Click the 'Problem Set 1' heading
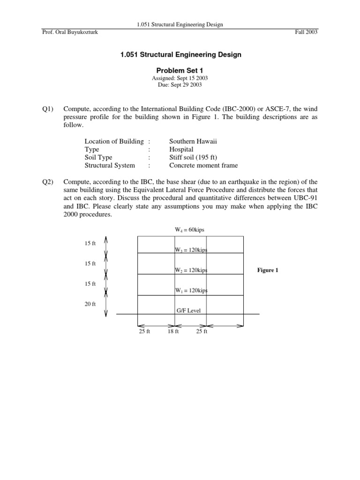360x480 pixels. tap(180, 70)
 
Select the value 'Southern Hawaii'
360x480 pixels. tap(193, 141)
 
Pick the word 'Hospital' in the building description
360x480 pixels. tap(181, 149)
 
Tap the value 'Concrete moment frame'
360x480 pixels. tap(203, 165)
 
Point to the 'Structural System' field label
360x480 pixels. tap(110, 165)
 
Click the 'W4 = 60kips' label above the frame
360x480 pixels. tap(189, 230)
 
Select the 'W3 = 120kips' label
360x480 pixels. tap(191, 250)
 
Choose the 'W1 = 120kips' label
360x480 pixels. tap(191, 291)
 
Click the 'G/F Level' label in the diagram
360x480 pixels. tap(190, 310)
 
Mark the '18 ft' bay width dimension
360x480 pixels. tap(173, 332)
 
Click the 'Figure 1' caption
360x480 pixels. tap(268, 270)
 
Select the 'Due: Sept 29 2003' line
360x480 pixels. tap(180, 85)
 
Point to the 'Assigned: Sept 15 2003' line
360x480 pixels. tap(180, 78)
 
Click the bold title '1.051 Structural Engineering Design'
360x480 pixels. tap(180, 55)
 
